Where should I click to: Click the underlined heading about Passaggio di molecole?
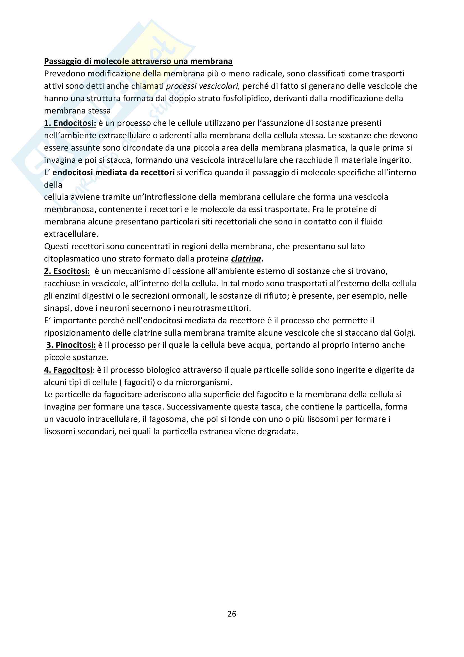138,62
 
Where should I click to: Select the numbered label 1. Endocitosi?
70,123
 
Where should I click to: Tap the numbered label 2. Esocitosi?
67,271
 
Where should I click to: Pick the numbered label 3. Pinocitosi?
71,345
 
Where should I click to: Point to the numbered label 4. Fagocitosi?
68,370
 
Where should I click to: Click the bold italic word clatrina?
246,259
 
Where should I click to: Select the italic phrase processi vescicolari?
203,86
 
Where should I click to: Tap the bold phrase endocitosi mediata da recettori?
113,172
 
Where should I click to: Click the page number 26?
232,614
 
